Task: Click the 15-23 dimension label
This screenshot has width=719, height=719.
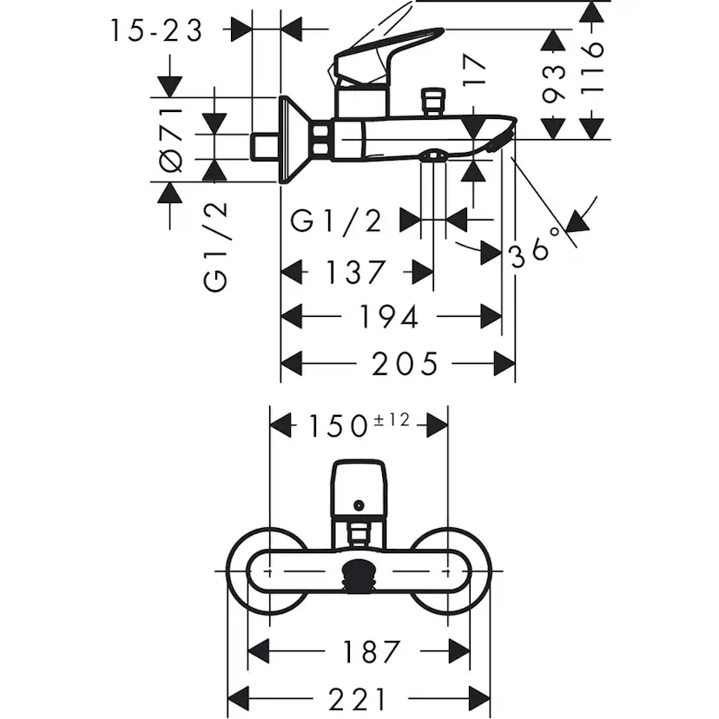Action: [156, 31]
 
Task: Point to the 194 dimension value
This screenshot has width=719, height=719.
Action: [389, 317]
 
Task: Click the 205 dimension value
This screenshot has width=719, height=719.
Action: [405, 362]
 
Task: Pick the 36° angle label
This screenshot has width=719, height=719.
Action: [531, 253]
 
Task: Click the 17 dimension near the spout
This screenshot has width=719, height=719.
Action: [474, 73]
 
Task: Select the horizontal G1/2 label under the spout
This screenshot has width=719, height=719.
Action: [337, 221]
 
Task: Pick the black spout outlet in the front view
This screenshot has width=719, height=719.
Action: [359, 575]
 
